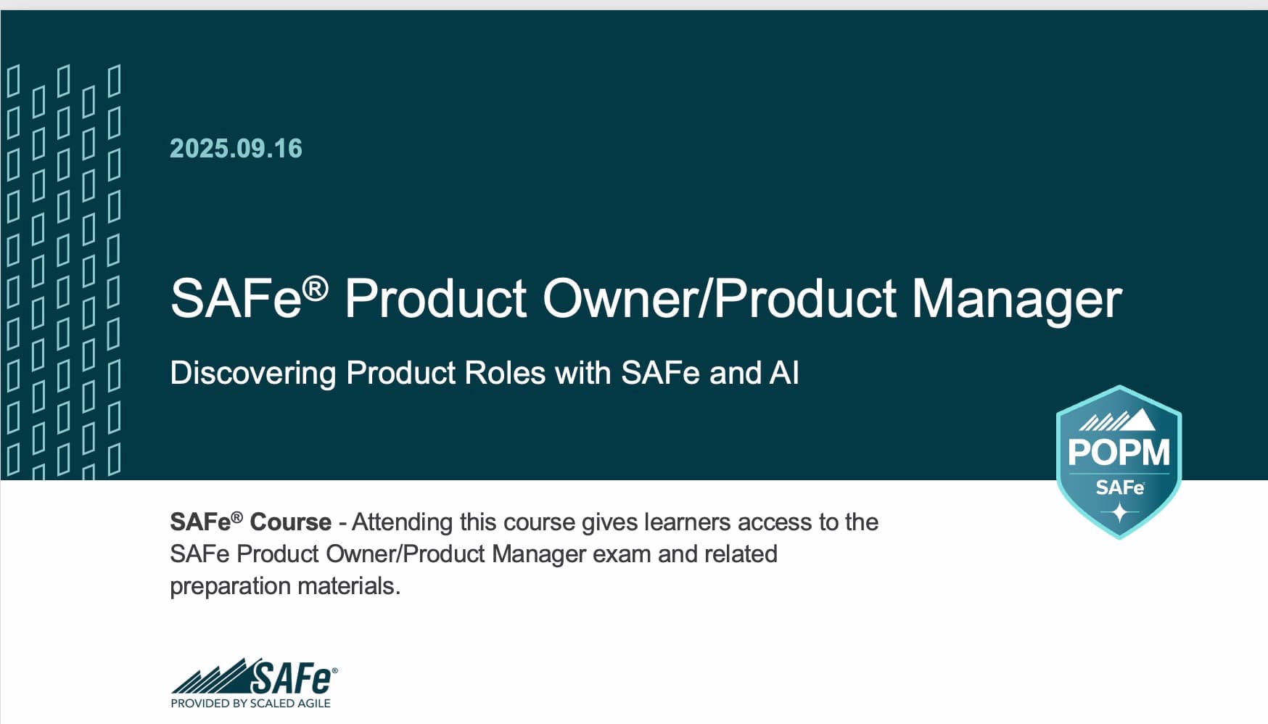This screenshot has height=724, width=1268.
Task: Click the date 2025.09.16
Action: tap(236, 149)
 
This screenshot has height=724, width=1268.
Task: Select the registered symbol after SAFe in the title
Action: tap(316, 289)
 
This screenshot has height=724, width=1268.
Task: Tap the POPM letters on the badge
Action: tap(1119, 452)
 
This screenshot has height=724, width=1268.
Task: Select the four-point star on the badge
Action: tap(1120, 512)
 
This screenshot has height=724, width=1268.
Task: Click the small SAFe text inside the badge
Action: tap(1119, 487)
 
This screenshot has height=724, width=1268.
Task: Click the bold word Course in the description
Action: tap(290, 522)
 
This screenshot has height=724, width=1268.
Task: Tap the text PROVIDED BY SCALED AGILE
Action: tap(250, 703)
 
